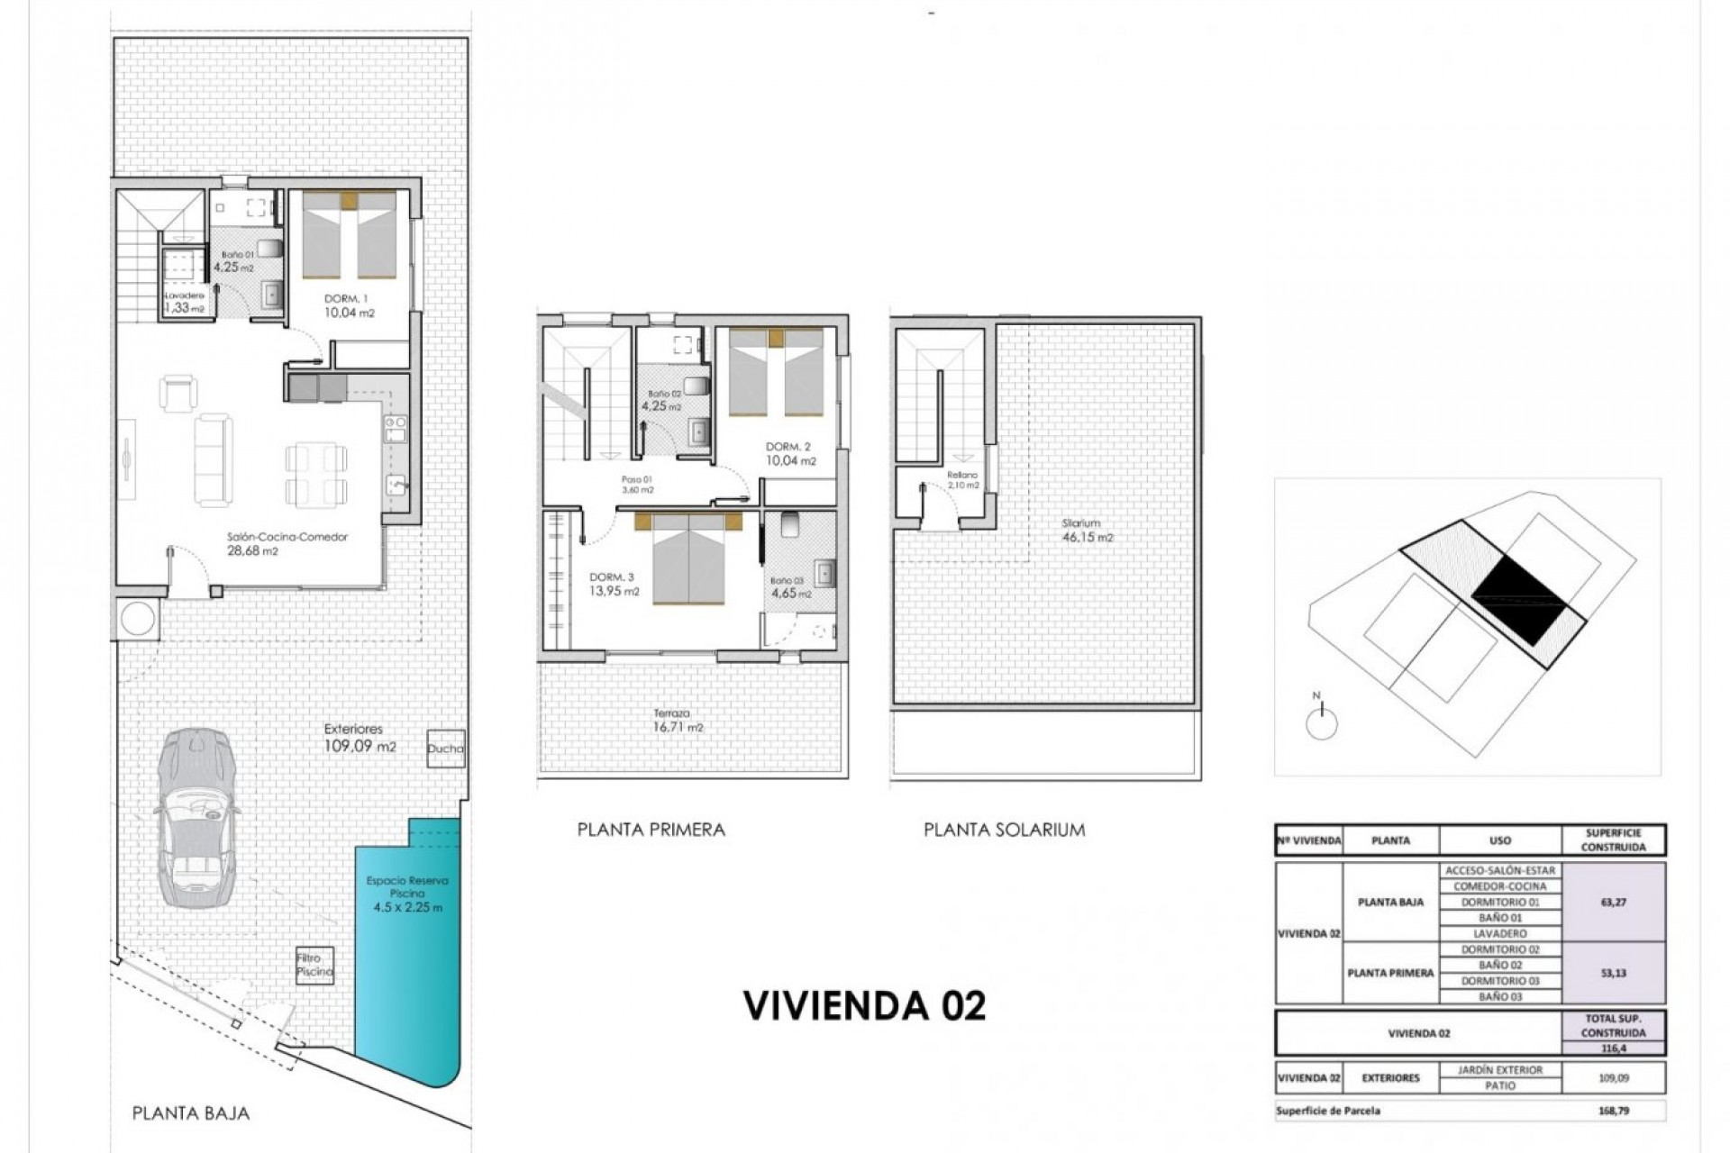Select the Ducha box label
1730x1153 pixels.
pyautogui.click(x=445, y=748)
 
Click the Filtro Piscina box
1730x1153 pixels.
pyautogui.click(x=314, y=966)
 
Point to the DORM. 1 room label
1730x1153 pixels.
pyautogui.click(x=348, y=305)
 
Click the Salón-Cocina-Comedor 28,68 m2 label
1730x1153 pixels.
pyautogui.click(x=287, y=543)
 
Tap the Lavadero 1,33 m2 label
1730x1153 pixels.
pyautogui.click(x=184, y=302)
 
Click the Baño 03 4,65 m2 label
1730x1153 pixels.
pyautogui.click(x=791, y=587)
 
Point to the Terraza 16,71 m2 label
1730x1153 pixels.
pyautogui.click(x=678, y=720)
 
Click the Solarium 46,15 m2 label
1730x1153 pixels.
pyautogui.click(x=1087, y=530)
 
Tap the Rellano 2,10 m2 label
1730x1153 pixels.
pyautogui.click(x=962, y=480)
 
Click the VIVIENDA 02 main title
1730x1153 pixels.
pyautogui.click(x=863, y=1005)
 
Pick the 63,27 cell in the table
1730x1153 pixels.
pyautogui.click(x=1613, y=902)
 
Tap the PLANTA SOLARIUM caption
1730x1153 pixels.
pyautogui.click(x=1004, y=830)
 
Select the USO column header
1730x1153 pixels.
pyautogui.click(x=1499, y=840)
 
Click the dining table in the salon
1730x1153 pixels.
pyautogui.click(x=314, y=474)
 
